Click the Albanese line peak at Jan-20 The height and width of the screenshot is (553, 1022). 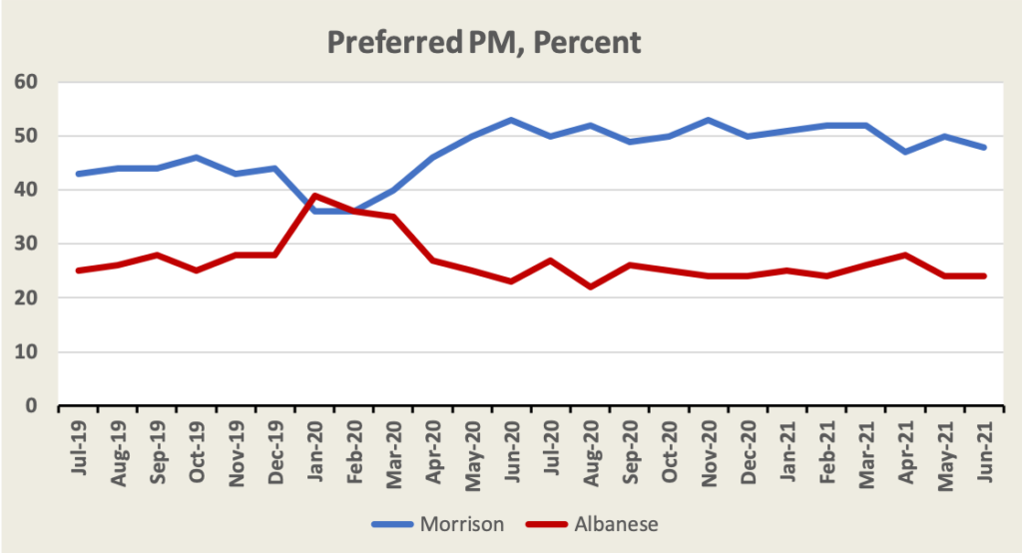(x=315, y=196)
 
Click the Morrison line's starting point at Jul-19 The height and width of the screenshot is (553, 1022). (x=79, y=174)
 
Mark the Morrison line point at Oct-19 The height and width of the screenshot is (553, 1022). (x=197, y=158)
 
